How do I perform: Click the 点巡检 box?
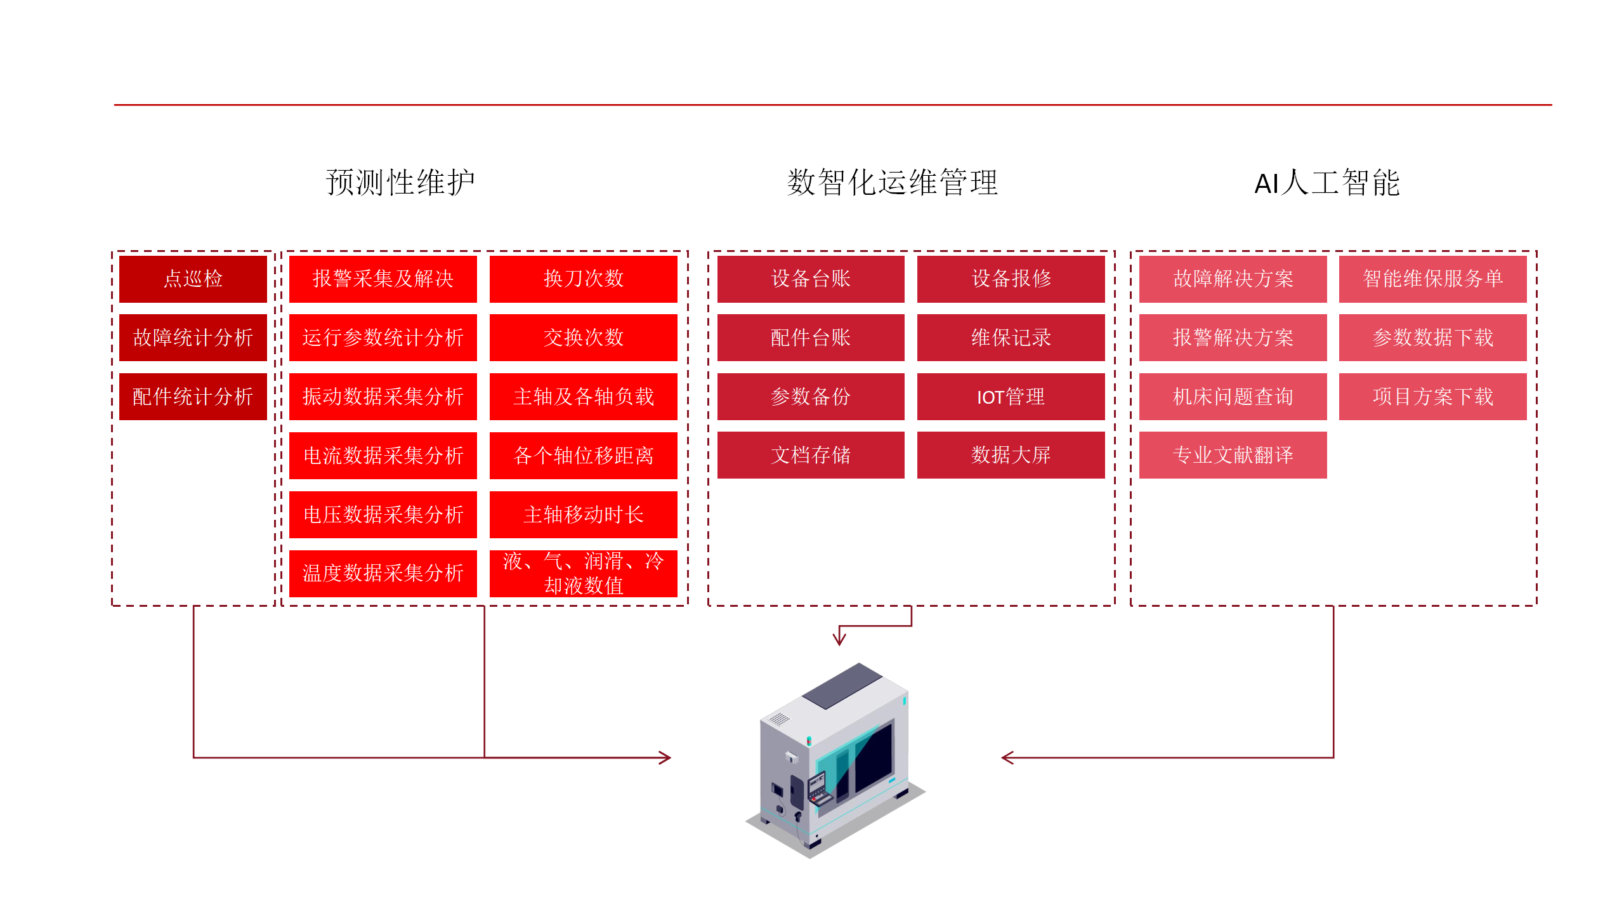pos(193,279)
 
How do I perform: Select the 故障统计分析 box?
pos(193,338)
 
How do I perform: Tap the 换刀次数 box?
pos(583,279)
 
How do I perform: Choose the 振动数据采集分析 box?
pos(383,397)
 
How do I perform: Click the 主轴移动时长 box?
pos(583,515)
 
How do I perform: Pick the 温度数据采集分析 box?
pos(383,574)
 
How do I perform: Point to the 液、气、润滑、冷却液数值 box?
pos(583,574)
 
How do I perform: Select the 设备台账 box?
pos(810,279)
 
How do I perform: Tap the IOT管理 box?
pos(1011,397)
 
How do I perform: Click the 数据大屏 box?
pos(1011,455)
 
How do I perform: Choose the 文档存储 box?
pos(810,455)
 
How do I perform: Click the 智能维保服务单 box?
pos(1432,279)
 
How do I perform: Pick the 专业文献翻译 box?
pos(1233,455)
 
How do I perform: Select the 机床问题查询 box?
pos(1233,397)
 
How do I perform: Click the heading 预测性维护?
pos(400,183)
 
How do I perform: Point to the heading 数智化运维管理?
pos(893,183)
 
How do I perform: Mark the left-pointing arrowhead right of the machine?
pos(1007,757)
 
